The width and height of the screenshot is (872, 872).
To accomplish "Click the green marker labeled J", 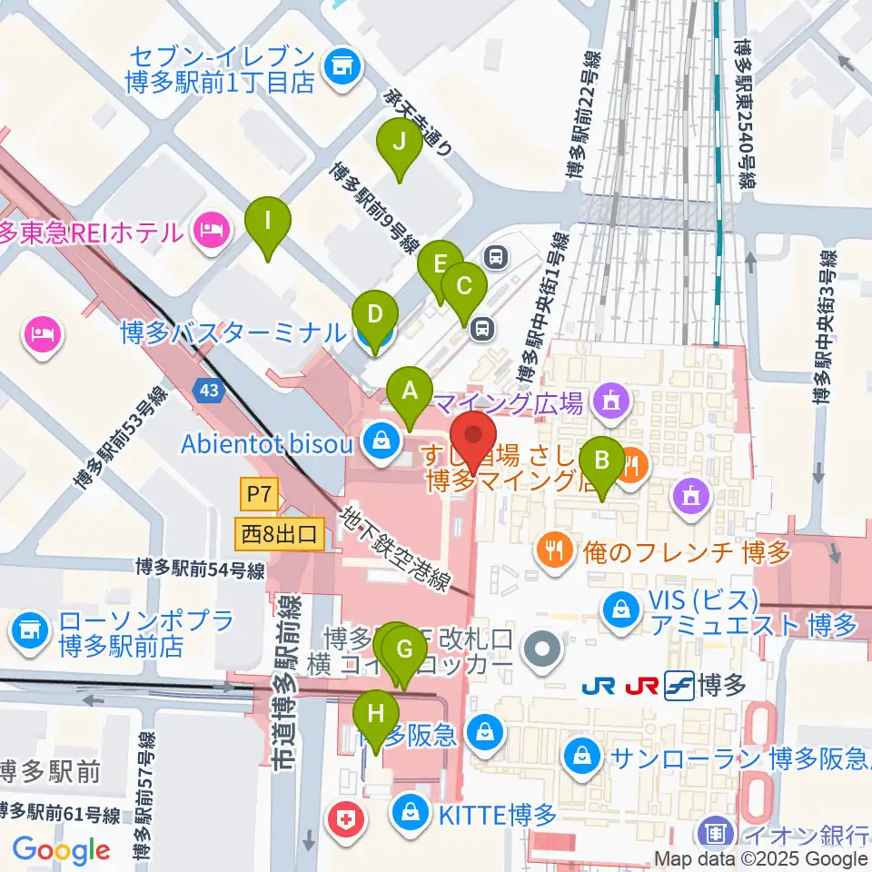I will (x=398, y=144).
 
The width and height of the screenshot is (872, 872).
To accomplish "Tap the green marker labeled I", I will (x=268, y=222).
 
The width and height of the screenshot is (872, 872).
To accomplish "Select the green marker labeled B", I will (x=602, y=461).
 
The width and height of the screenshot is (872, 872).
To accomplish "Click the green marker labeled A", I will (x=410, y=393).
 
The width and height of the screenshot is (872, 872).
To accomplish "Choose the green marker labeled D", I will (x=375, y=318).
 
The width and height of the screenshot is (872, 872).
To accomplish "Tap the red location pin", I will (x=474, y=434).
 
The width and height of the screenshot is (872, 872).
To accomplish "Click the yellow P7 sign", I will (x=257, y=496).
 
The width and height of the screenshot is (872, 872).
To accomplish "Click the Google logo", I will (x=61, y=850).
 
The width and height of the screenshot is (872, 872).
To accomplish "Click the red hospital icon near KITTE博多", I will (x=350, y=820).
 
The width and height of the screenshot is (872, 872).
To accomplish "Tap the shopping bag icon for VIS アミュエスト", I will (x=619, y=607).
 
